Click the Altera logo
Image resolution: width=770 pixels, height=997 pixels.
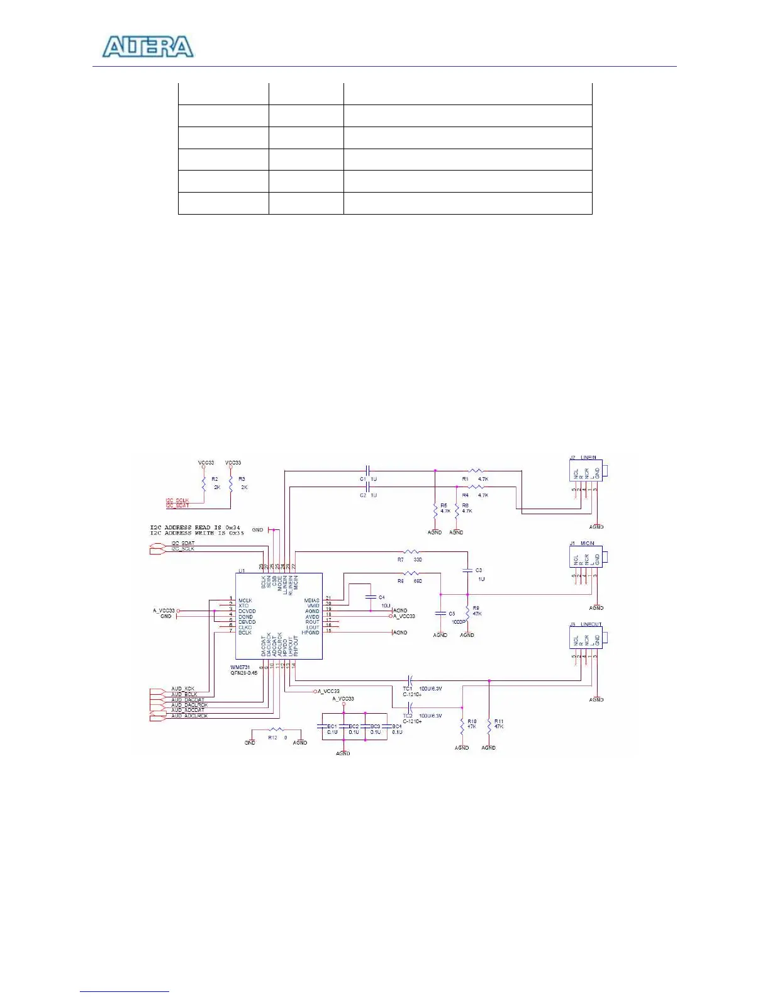click(148, 47)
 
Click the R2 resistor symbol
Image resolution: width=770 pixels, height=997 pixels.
click(204, 483)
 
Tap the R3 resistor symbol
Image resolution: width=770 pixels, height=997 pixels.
click(231, 483)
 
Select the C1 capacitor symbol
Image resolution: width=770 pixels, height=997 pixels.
click(368, 470)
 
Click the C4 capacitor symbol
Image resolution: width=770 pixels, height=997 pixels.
click(371, 597)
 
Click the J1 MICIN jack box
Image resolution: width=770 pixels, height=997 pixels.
click(586, 558)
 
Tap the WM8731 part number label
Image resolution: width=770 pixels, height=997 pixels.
click(240, 667)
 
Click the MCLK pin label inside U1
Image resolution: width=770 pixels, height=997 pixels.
click(245, 600)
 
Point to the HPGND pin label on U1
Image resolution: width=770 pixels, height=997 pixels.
click(310, 633)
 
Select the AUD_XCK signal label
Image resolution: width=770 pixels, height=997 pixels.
click(182, 689)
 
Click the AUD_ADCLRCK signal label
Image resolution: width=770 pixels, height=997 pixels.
click(189, 716)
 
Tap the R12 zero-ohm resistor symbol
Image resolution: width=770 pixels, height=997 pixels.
click(276, 730)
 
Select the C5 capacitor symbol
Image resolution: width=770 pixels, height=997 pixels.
click(440, 614)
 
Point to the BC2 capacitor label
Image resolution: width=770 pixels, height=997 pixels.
click(354, 726)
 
